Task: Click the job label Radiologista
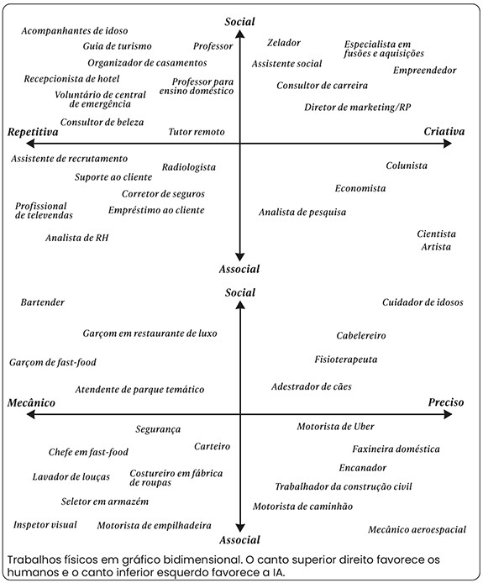(189, 167)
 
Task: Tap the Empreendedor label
(425, 71)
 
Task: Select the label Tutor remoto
(197, 132)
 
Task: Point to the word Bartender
(42, 302)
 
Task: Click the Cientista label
(436, 234)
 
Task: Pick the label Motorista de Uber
(335, 427)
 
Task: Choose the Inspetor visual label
(45, 525)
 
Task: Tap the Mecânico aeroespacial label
(417, 529)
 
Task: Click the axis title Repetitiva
(33, 133)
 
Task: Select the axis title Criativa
(444, 132)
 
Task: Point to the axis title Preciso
(446, 402)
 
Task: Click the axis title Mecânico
(31, 402)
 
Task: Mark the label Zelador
(284, 43)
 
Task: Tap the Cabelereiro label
(361, 336)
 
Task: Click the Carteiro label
(212, 446)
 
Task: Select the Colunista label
(407, 165)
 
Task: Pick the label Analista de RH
(77, 238)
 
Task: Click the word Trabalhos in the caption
(31, 560)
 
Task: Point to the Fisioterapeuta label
(346, 360)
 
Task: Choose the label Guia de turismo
(117, 46)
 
